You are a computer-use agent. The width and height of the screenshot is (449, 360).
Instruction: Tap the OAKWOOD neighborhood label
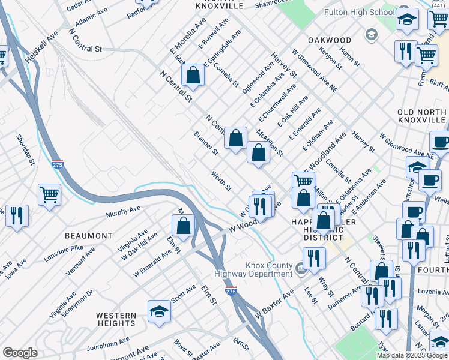coord(329,40)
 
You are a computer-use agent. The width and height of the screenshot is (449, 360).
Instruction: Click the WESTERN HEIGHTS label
coord(116,319)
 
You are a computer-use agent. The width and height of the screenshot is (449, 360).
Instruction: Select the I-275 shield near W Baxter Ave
coord(231,291)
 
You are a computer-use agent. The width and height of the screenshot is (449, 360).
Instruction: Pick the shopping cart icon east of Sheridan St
coord(49,194)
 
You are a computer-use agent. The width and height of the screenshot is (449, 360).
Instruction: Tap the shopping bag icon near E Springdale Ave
coord(193,75)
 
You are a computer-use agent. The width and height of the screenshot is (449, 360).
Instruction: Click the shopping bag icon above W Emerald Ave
coord(184,226)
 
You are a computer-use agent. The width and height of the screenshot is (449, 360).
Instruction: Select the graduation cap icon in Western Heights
coord(159,311)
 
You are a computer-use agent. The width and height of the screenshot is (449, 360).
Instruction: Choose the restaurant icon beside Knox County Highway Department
coord(313,258)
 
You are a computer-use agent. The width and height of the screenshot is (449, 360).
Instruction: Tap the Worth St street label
coord(220,181)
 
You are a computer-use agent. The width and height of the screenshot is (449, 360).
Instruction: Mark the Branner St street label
coord(206,143)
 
